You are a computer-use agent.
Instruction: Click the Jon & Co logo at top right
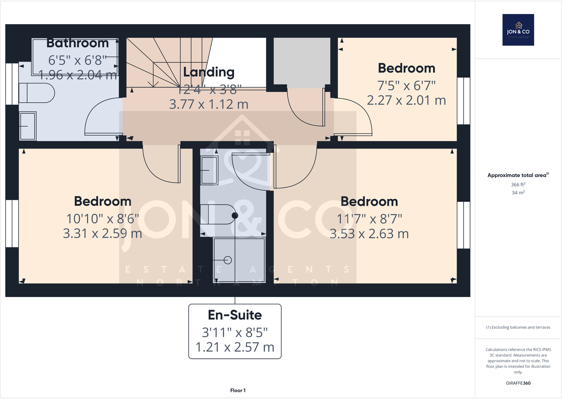click(x=518, y=30)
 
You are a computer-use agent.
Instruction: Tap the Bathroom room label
click(x=77, y=43)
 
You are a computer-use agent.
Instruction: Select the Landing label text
click(x=209, y=72)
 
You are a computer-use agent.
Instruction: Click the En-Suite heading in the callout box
click(x=235, y=315)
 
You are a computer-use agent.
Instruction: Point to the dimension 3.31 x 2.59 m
click(x=103, y=234)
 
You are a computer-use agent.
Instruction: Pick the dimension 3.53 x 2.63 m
click(x=369, y=234)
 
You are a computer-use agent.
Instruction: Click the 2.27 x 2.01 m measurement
click(x=406, y=101)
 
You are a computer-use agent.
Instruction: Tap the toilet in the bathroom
click(x=36, y=93)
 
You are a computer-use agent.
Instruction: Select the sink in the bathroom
click(x=28, y=126)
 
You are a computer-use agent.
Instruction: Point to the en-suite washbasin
click(x=209, y=170)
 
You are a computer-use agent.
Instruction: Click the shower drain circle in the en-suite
click(x=228, y=260)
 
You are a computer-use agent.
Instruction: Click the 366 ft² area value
click(x=518, y=185)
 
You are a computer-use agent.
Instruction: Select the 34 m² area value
click(x=518, y=193)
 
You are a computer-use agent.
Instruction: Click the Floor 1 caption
click(x=238, y=391)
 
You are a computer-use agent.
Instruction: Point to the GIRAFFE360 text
click(x=518, y=383)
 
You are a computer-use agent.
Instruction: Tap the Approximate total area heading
click(x=517, y=175)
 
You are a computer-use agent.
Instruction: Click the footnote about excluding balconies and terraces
click(x=518, y=327)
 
